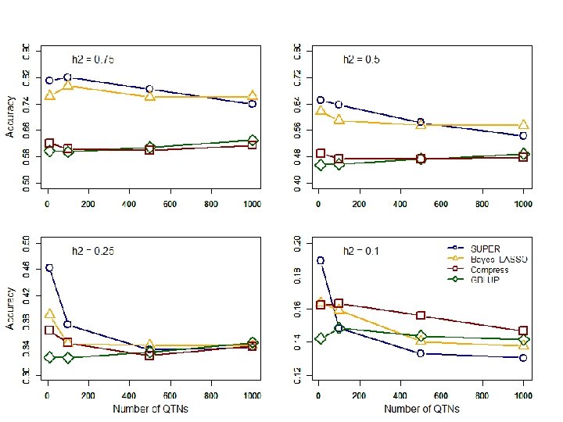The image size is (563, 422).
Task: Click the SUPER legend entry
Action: [486, 249]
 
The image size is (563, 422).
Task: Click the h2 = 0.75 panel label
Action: [93, 59]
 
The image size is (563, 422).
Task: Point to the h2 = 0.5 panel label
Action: [361, 59]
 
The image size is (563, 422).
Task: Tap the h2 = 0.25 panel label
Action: [93, 251]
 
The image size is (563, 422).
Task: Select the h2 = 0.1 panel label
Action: [361, 251]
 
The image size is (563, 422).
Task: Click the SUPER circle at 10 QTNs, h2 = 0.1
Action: [320, 261]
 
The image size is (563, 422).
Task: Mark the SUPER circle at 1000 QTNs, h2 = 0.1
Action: [523, 358]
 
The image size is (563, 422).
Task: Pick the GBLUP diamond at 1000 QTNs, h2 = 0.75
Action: [253, 141]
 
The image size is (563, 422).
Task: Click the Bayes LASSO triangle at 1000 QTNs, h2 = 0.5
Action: [523, 125]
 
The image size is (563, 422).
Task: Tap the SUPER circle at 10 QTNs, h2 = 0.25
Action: [49, 267]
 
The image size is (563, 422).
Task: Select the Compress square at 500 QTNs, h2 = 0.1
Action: [421, 316]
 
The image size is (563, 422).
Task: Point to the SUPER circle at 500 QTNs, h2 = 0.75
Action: [150, 89]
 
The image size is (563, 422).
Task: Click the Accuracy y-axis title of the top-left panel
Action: [11, 116]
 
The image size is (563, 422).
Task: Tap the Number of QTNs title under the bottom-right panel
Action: [421, 409]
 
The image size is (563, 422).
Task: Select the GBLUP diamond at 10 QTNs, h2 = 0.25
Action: [49, 357]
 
